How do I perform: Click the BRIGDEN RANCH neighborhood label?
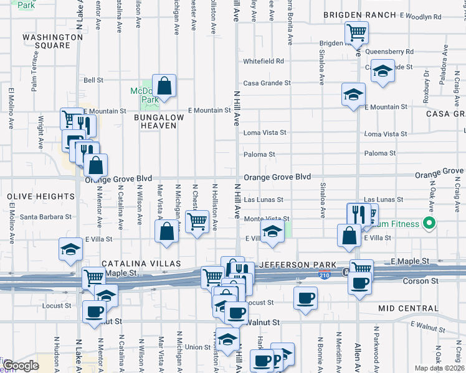click(359, 15)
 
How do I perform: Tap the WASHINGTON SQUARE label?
click(53, 41)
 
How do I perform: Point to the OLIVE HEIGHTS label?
click(41, 196)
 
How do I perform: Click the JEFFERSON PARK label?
click(292, 265)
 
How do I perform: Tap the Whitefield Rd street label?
click(264, 62)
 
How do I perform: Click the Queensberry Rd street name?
click(390, 52)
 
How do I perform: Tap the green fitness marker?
click(429, 223)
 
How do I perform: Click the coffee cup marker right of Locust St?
click(305, 299)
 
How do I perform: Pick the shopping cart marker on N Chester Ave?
click(197, 221)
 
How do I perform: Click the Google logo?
click(21, 366)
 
